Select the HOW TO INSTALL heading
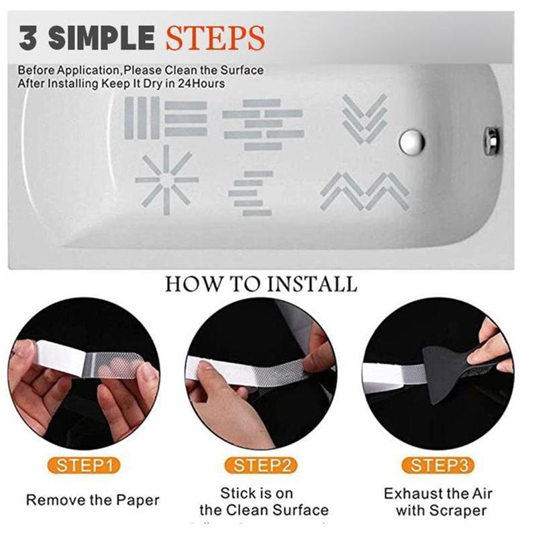(x=261, y=283)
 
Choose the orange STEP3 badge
(x=437, y=465)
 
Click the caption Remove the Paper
(x=93, y=500)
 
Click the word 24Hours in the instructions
(x=201, y=84)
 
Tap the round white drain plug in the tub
(x=410, y=141)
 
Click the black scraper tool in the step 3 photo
(x=463, y=362)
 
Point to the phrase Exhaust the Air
(x=438, y=494)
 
